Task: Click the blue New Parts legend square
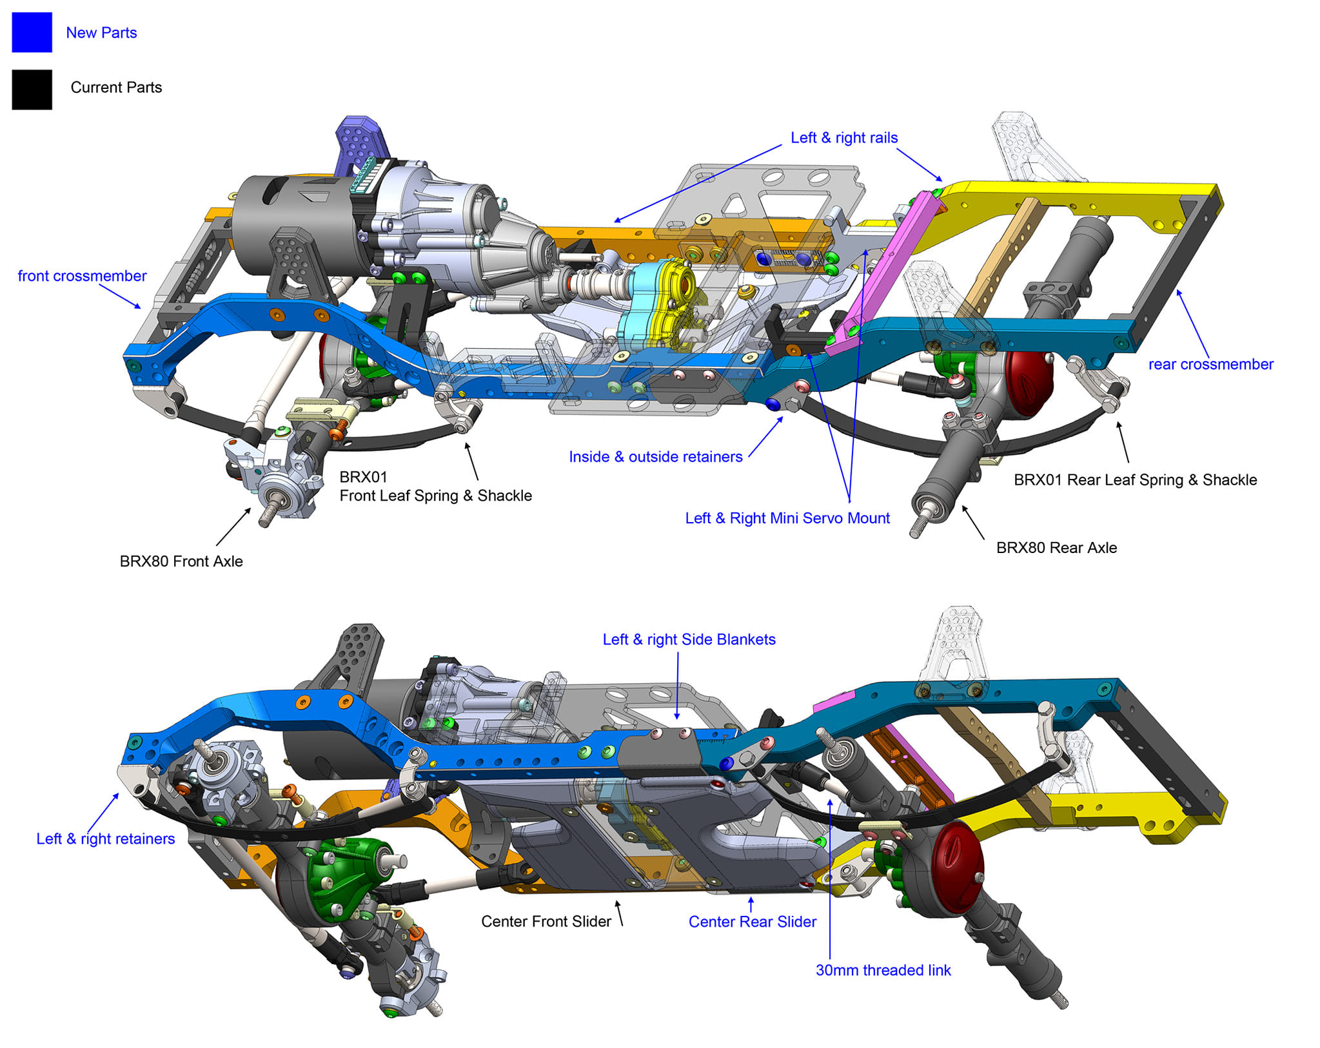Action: [32, 32]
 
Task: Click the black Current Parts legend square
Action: [32, 89]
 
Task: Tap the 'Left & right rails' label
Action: [843, 138]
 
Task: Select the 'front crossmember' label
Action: [82, 276]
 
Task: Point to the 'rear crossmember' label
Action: [1210, 364]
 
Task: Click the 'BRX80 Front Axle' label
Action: [181, 561]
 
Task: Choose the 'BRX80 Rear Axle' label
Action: [1056, 548]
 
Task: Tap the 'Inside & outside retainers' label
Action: [655, 457]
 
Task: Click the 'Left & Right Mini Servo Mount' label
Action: [787, 518]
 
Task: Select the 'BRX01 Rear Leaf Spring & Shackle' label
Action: [1135, 480]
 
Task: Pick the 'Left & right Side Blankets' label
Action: [689, 639]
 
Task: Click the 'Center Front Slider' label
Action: [546, 922]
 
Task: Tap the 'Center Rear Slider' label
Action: [752, 922]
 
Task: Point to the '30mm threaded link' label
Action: [883, 971]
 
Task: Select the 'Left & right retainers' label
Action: [105, 839]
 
